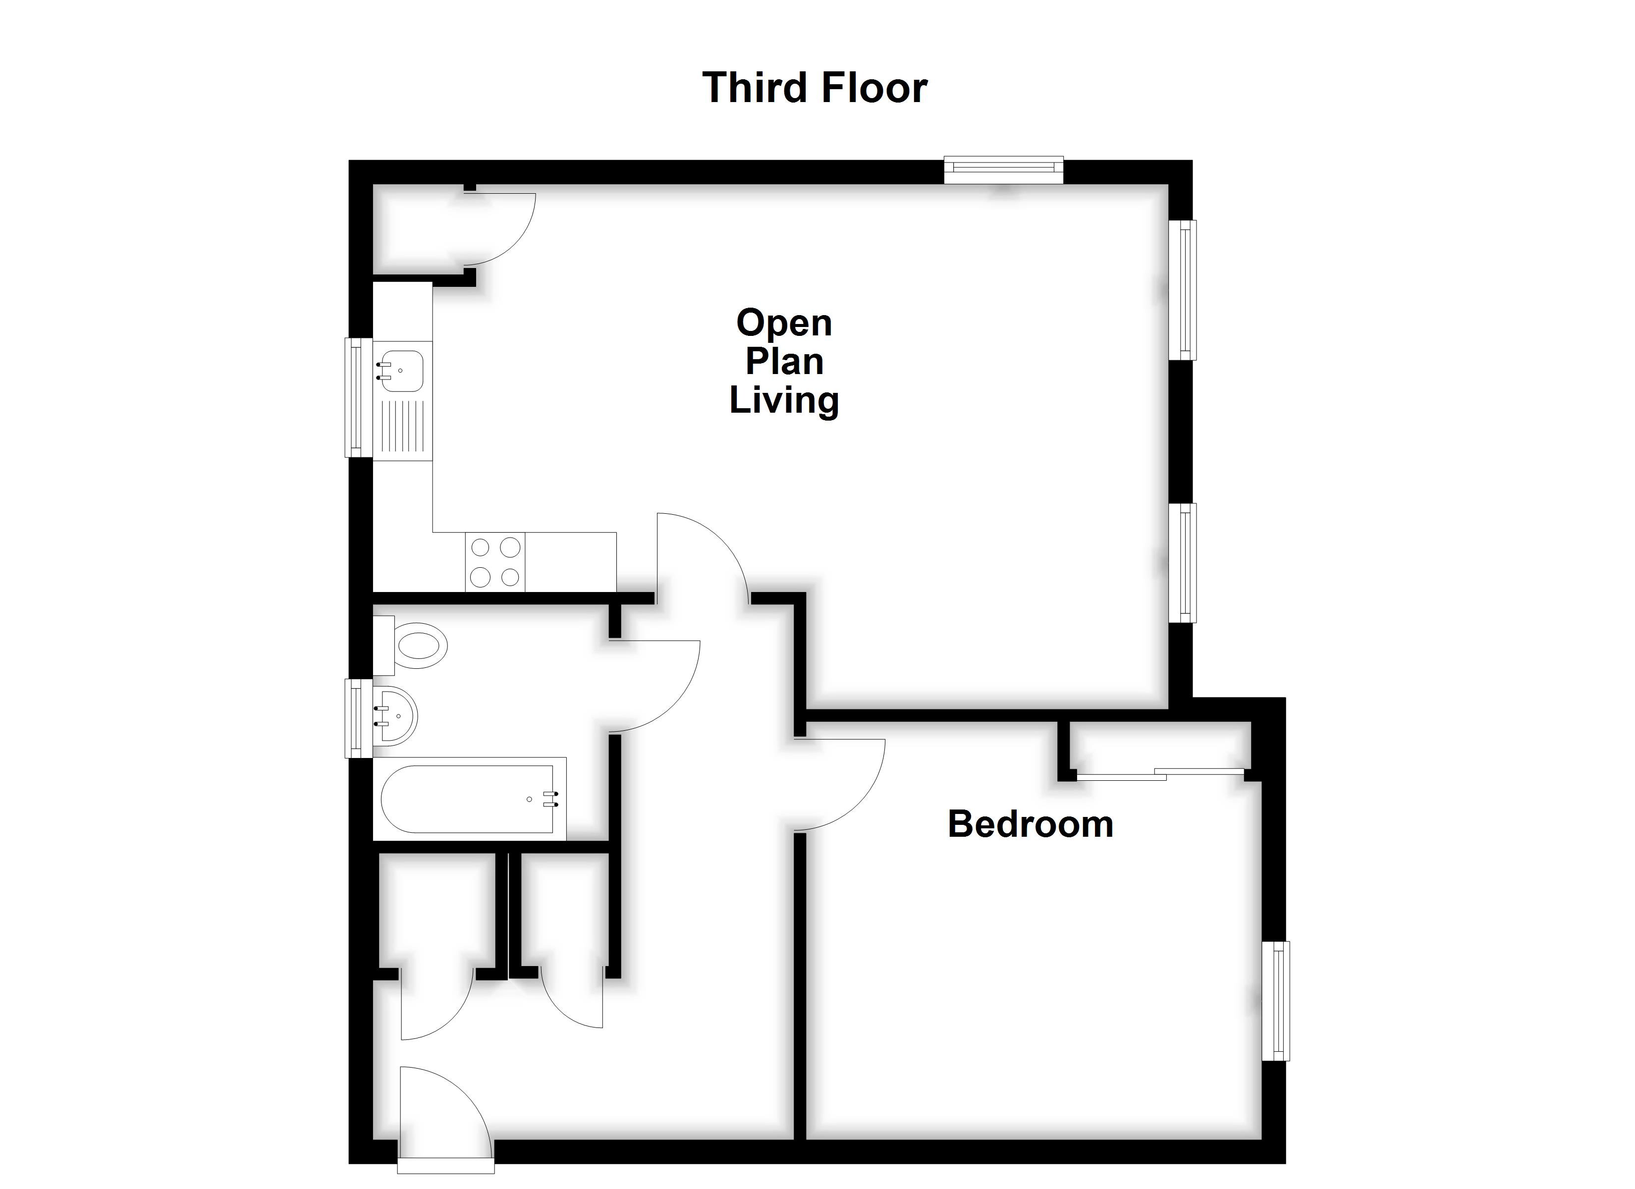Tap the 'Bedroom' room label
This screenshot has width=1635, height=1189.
click(1030, 824)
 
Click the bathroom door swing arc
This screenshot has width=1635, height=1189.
click(656, 686)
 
